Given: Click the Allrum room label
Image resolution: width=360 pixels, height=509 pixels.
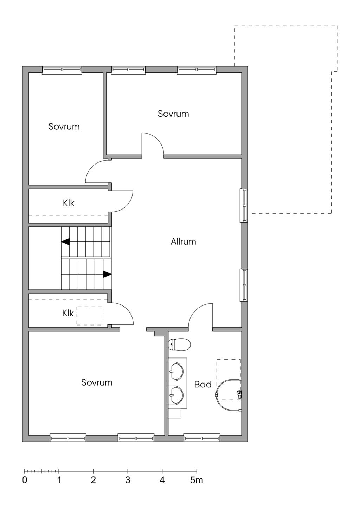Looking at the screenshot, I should [x=183, y=242].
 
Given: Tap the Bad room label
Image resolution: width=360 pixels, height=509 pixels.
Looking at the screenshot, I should [x=203, y=385].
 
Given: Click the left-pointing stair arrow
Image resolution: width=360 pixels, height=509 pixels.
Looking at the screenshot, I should [x=66, y=242].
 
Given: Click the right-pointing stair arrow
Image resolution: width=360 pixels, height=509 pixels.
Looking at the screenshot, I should [x=107, y=274].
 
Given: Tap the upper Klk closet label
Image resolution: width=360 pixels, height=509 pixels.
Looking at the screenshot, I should [x=69, y=203].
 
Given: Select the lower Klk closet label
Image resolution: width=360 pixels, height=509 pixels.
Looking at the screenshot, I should [x=68, y=313].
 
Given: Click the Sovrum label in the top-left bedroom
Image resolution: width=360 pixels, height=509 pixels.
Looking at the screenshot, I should [x=64, y=127].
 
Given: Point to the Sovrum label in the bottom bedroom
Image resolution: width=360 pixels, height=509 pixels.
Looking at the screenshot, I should [x=97, y=382].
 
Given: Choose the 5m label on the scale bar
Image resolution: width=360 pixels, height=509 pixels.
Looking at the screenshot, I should [x=197, y=480].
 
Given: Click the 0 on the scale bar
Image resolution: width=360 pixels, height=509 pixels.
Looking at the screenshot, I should [x=25, y=480].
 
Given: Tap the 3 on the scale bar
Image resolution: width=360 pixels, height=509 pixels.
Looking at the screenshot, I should [x=128, y=480].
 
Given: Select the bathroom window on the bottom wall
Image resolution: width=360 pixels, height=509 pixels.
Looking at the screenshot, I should [x=202, y=438].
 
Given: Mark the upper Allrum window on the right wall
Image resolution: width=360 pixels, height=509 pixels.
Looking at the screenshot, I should [x=244, y=206].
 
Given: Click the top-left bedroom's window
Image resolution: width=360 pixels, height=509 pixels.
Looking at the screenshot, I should [x=62, y=70].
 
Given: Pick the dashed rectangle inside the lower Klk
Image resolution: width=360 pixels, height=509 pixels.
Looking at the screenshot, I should [x=89, y=316].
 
